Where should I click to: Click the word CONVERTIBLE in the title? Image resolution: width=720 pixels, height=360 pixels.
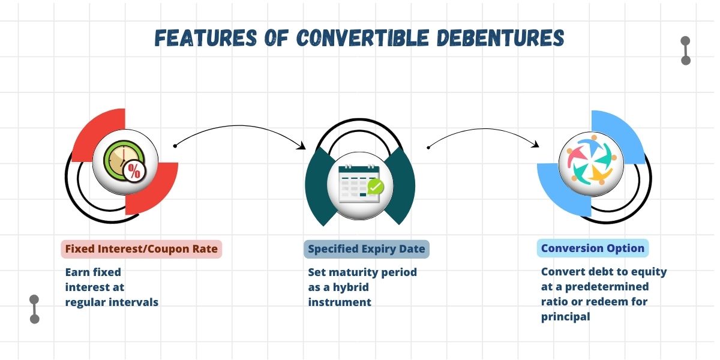coord(362,38)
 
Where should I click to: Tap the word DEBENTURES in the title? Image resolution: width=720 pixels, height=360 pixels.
coord(500,38)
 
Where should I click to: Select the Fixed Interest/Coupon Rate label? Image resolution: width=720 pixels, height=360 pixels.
coord(142,249)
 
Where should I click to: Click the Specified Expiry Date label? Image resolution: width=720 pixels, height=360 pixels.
coord(367,249)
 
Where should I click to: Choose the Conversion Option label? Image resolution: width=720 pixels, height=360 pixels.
coord(593,248)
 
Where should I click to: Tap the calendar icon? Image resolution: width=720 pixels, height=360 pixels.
coord(359,184)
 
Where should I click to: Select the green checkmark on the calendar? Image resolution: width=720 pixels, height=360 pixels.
coord(376,187)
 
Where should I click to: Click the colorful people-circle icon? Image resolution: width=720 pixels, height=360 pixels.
coord(592,160)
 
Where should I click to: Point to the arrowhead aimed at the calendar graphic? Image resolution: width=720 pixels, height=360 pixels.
coord(301,146)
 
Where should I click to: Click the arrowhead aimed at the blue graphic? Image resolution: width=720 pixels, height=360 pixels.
coord(535,144)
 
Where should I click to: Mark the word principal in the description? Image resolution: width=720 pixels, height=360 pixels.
coord(566,317)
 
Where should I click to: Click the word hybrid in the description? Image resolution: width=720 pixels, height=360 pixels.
coord(350,287)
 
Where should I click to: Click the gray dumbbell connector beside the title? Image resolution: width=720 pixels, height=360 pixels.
coord(686,50)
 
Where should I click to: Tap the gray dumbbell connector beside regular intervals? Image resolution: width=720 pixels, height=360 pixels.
coord(34,309)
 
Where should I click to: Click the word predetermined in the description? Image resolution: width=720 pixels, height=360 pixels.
coord(607,287)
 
